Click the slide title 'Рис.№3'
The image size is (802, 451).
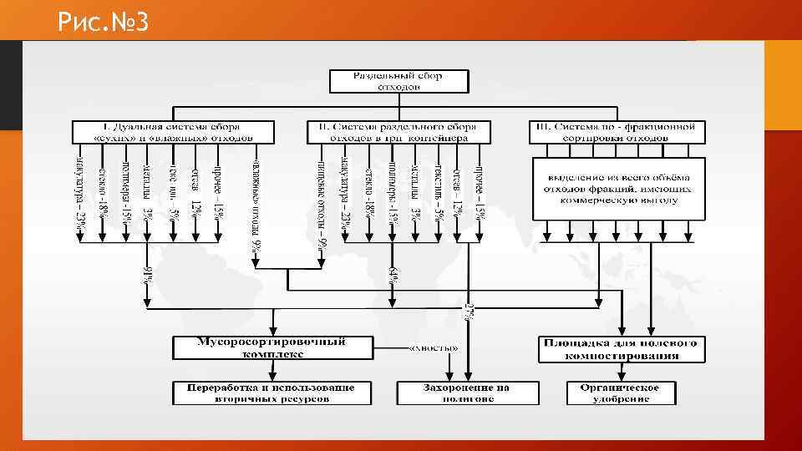tap(104, 22)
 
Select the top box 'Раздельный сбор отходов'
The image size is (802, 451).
tap(398, 81)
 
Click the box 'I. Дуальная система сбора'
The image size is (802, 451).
tap(173, 131)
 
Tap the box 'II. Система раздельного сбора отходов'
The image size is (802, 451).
tap(398, 131)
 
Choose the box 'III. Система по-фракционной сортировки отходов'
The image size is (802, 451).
tap(617, 131)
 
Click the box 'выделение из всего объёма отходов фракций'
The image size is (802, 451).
tap(618, 189)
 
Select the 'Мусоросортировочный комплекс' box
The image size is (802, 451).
tap(272, 348)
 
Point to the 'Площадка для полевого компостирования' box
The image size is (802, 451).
tap(621, 349)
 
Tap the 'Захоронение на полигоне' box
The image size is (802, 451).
tap(453, 393)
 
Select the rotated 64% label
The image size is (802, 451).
tap(393, 275)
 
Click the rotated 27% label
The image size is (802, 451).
tap(469, 310)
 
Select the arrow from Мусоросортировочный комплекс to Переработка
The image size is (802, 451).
tap(272, 372)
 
